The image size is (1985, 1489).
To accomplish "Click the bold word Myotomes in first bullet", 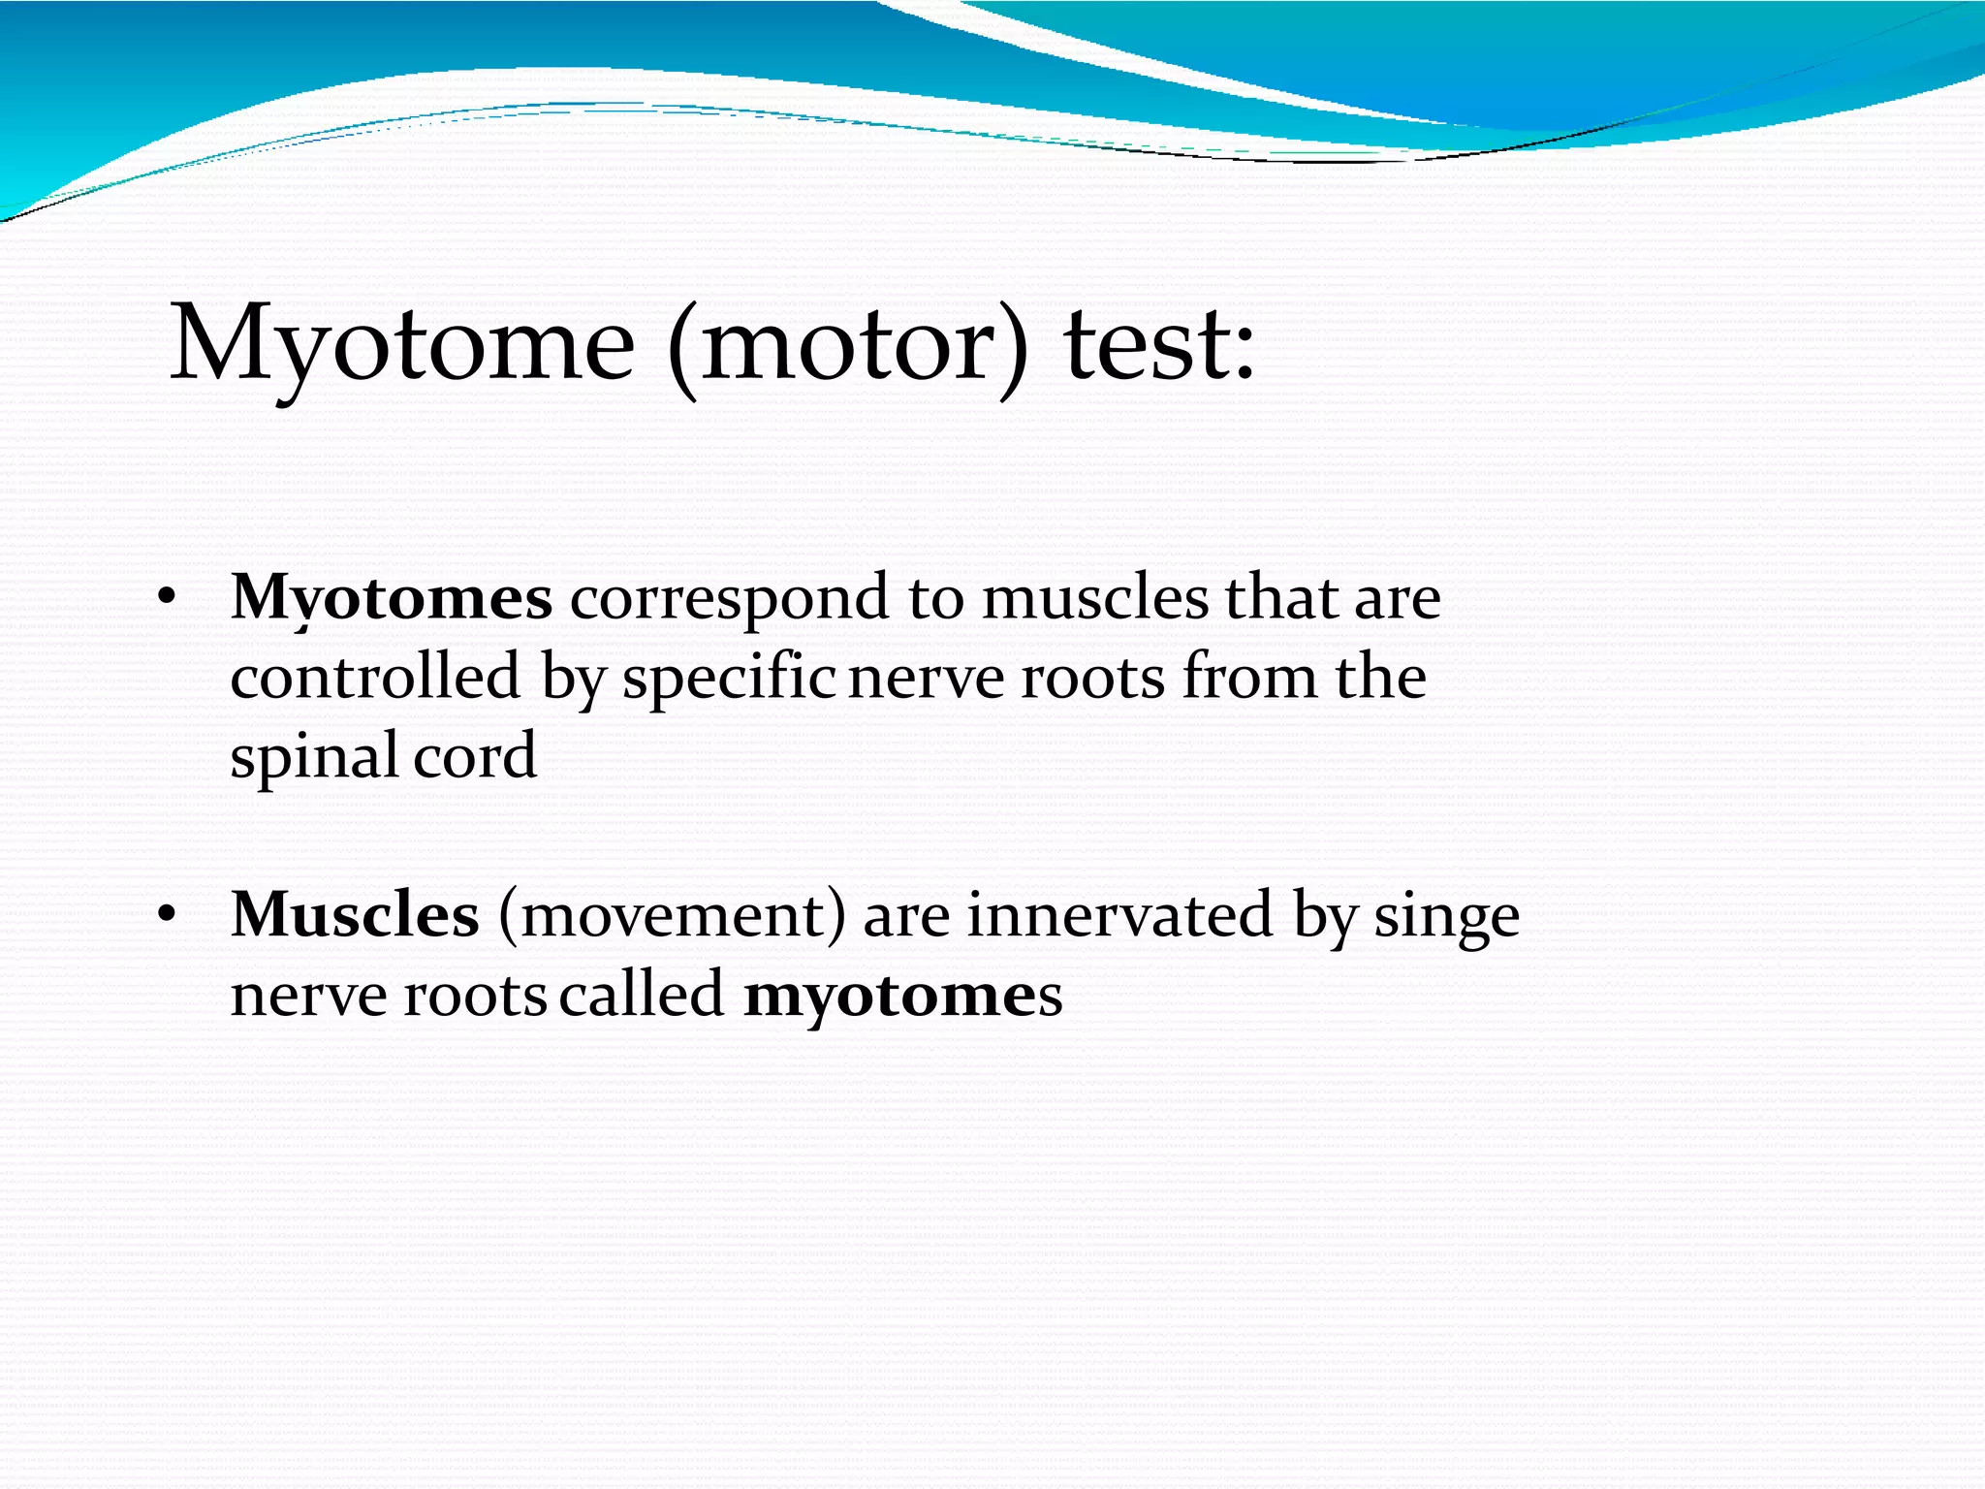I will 392,598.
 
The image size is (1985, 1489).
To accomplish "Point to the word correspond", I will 728,598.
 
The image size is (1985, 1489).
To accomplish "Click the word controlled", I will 375,677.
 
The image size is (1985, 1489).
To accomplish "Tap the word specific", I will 729,677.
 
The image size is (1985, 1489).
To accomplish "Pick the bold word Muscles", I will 355,914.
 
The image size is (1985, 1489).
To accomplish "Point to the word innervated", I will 1119,914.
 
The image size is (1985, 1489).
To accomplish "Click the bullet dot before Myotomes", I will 167,598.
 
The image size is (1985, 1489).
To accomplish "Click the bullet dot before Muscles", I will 167,914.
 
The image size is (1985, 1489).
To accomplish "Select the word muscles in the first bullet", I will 1095,598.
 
